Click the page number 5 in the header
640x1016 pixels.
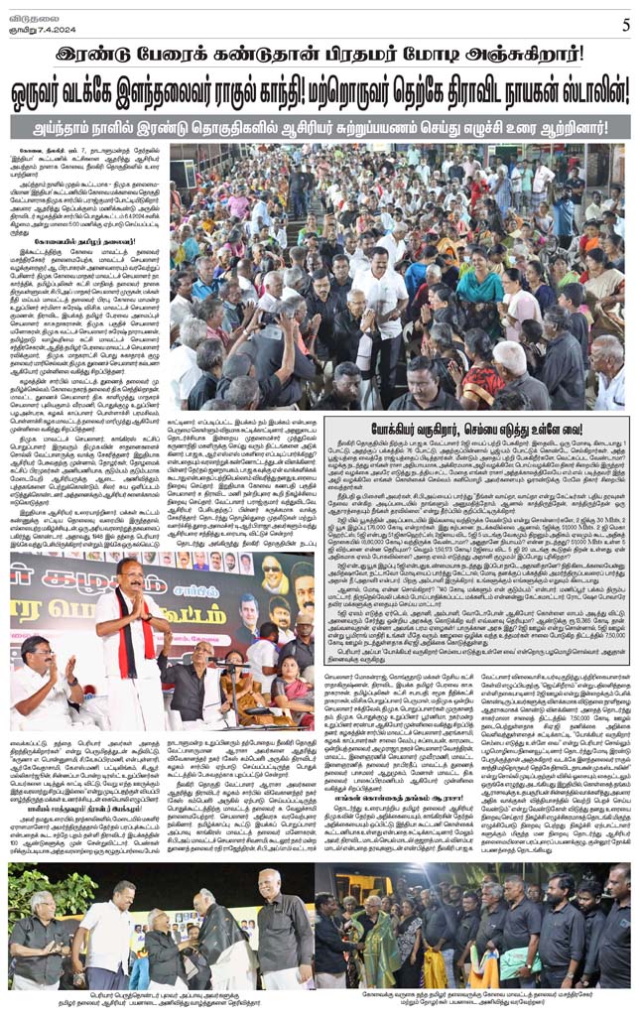tap(625, 25)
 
